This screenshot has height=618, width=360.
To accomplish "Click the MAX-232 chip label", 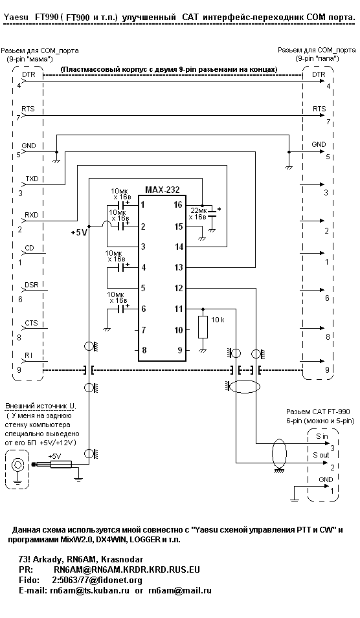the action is tap(162, 190).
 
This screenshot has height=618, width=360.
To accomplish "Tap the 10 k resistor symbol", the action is tap(203, 327).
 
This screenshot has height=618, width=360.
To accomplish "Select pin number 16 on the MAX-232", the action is tap(178, 205).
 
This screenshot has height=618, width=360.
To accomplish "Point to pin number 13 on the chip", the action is tap(178, 268).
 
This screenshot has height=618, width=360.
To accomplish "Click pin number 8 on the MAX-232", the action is tap(144, 349).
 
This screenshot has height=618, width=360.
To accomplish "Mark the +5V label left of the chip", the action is tap(78, 232).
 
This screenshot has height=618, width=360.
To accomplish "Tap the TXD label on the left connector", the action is tap(32, 179).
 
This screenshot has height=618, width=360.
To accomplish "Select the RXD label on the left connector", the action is tap(32, 215).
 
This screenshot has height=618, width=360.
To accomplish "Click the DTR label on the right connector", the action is tap(319, 75).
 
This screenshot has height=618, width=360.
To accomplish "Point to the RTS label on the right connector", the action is tap(319, 109).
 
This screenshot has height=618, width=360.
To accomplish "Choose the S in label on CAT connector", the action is tap(322, 436).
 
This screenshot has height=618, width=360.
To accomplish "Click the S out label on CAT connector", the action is tap(321, 455).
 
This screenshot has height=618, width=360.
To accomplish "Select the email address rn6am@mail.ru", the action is tap(180, 590).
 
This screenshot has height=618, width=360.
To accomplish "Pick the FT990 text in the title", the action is tap(46, 17).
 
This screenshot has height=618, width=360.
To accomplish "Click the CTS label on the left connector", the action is tap(32, 323).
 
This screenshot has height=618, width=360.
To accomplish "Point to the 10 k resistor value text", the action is tap(218, 320).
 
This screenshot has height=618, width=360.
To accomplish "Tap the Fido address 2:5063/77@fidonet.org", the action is tap(97, 580).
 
